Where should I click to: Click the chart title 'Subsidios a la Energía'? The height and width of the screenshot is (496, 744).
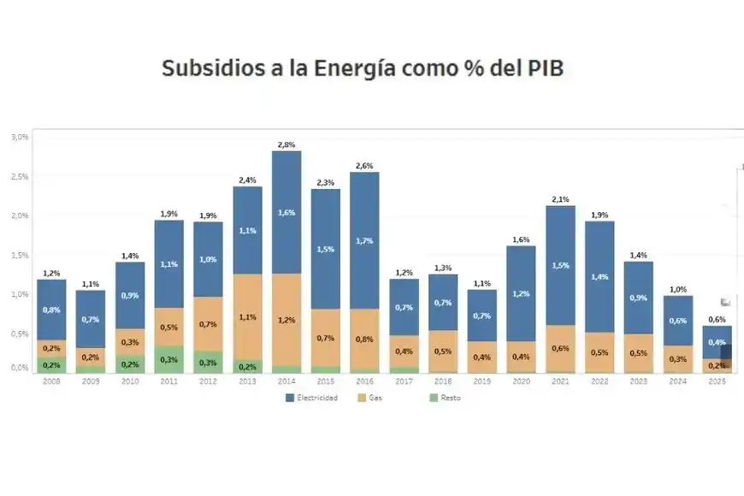click(x=363, y=68)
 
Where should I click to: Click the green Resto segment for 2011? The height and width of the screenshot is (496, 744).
click(x=168, y=358)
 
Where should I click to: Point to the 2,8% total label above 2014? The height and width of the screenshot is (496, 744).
click(x=286, y=145)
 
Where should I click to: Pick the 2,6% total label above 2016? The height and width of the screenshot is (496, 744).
click(x=363, y=165)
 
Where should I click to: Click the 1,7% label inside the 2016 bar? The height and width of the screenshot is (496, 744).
click(x=363, y=241)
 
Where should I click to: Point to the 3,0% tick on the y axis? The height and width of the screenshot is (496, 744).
click(x=19, y=137)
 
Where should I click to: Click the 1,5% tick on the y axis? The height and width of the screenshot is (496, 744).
click(x=19, y=255)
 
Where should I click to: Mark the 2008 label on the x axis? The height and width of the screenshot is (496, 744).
click(x=51, y=381)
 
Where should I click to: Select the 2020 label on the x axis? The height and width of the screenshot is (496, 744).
click(x=521, y=381)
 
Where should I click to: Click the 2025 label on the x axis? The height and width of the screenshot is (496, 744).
click(x=717, y=381)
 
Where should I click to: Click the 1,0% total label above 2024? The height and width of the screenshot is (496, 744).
click(x=677, y=290)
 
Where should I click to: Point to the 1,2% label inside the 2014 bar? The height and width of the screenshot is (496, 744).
click(x=286, y=320)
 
